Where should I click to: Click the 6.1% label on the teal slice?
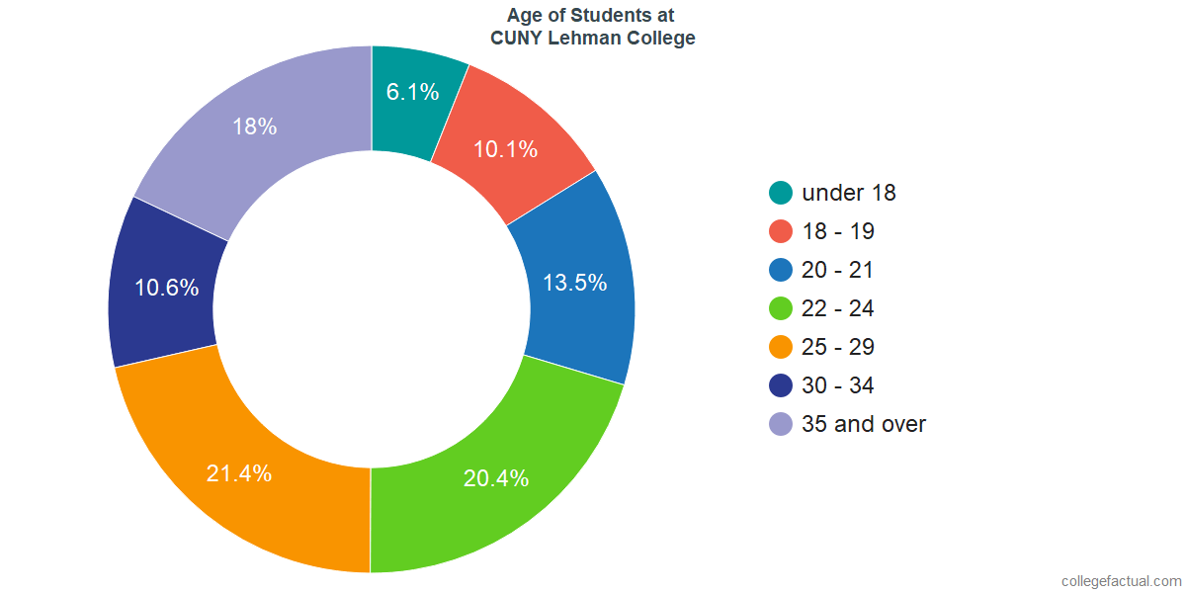[x=412, y=93]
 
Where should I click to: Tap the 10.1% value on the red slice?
[x=505, y=150]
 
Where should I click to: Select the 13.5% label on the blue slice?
[x=574, y=283]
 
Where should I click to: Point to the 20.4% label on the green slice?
[x=496, y=478]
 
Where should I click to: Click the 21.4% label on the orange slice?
[x=239, y=473]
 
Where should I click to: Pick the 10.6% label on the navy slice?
[x=167, y=289]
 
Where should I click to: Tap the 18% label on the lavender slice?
[x=254, y=127]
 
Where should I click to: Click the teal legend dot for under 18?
[x=781, y=193]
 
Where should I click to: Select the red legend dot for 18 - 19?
[x=781, y=231]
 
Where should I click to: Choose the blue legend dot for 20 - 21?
[x=781, y=270]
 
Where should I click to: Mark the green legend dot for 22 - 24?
[x=781, y=308]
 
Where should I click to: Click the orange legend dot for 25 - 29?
[x=781, y=347]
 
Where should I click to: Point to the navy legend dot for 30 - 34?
[x=781, y=385]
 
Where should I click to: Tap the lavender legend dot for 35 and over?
[x=781, y=424]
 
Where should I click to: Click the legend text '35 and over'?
[x=864, y=424]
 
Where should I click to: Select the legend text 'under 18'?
[x=849, y=193]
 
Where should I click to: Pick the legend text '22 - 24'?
[x=838, y=308]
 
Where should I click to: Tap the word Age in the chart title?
[x=525, y=15]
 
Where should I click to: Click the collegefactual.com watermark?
[x=1121, y=581]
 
